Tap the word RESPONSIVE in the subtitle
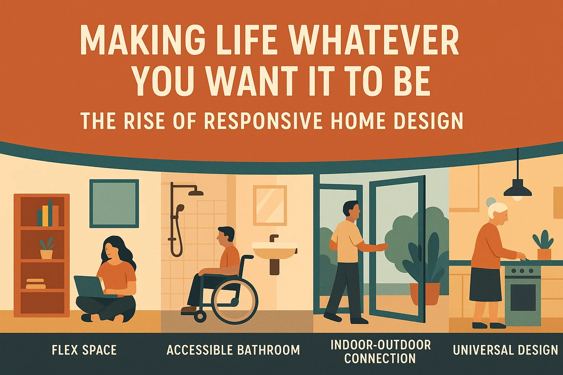pos(263,121)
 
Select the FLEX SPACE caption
pos(84,350)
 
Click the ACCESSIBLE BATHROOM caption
pos(233,350)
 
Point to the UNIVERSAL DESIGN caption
pos(505,350)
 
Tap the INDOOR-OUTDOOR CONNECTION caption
pos(380,352)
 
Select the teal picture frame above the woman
pos(114,203)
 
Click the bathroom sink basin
pos(274,250)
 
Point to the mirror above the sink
pos(270,205)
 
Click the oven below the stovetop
pos(523,297)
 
